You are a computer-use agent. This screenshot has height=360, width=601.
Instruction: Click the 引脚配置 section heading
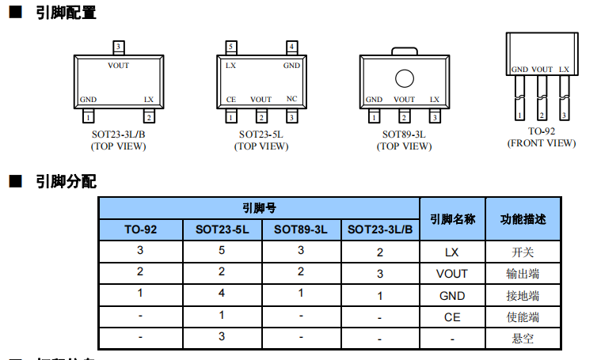click(x=66, y=13)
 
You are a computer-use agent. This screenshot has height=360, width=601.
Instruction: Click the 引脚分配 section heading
click(x=66, y=182)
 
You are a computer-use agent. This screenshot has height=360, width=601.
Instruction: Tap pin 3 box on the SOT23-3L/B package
click(x=119, y=47)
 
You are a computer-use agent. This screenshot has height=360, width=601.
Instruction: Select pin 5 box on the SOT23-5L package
click(x=230, y=47)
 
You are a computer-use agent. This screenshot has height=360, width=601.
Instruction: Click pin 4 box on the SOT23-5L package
click(x=291, y=47)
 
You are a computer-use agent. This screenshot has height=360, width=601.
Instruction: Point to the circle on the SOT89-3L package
click(x=404, y=78)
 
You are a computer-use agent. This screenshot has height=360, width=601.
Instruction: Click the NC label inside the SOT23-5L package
click(x=291, y=100)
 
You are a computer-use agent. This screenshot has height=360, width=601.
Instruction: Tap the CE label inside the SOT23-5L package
click(x=231, y=100)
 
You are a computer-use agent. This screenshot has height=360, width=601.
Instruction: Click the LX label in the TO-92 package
click(x=564, y=70)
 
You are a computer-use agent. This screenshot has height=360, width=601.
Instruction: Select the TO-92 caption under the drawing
click(x=542, y=131)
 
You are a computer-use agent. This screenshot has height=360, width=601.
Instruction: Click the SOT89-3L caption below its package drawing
click(x=404, y=135)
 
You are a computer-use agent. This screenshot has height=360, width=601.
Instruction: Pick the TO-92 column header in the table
click(x=141, y=229)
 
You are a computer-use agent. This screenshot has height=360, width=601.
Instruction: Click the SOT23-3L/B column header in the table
click(x=380, y=229)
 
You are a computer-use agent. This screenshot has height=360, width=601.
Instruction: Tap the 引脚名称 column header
click(x=452, y=219)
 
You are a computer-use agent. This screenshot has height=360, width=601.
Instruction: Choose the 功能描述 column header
click(x=523, y=219)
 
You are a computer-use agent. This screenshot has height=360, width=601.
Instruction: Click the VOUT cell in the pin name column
click(x=452, y=274)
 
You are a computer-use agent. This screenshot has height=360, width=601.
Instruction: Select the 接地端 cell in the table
click(x=523, y=296)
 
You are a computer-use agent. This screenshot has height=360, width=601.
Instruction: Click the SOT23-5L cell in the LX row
click(x=222, y=252)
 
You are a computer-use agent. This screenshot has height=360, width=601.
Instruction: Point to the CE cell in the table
click(x=452, y=317)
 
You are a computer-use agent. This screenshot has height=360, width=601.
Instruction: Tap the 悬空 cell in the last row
click(x=523, y=339)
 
